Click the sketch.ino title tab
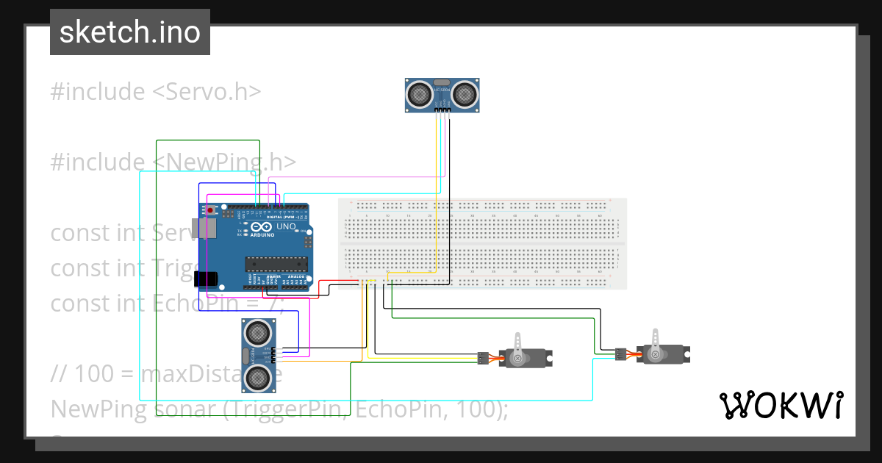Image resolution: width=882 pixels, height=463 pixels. click(x=129, y=32)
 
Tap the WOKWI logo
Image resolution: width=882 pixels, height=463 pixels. click(x=781, y=405)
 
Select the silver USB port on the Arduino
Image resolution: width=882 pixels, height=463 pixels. click(x=204, y=229)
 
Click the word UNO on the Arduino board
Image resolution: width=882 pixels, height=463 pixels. click(x=286, y=227)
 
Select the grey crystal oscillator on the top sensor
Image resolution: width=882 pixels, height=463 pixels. click(x=442, y=83)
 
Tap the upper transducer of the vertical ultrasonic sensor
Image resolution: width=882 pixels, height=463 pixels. click(x=257, y=333)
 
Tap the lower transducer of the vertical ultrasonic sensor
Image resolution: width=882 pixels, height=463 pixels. click(x=257, y=376)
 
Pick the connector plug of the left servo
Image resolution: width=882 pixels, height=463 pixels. click(x=481, y=359)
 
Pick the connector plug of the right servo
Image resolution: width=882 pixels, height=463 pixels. click(x=620, y=355)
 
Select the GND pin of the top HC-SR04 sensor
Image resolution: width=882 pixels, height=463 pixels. click(x=448, y=112)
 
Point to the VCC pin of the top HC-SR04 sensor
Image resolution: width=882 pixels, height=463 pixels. click(x=437, y=112)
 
